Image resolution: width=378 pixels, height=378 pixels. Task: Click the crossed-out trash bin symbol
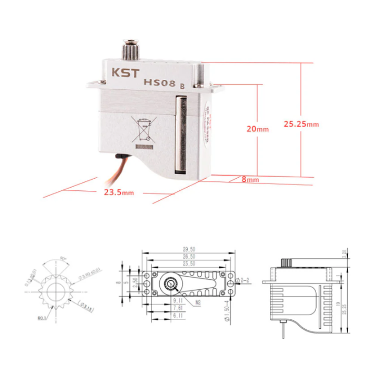(144, 129)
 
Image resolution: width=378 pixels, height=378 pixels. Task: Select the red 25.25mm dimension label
(301, 124)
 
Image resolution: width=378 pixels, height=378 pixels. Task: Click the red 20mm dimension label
(258, 129)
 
